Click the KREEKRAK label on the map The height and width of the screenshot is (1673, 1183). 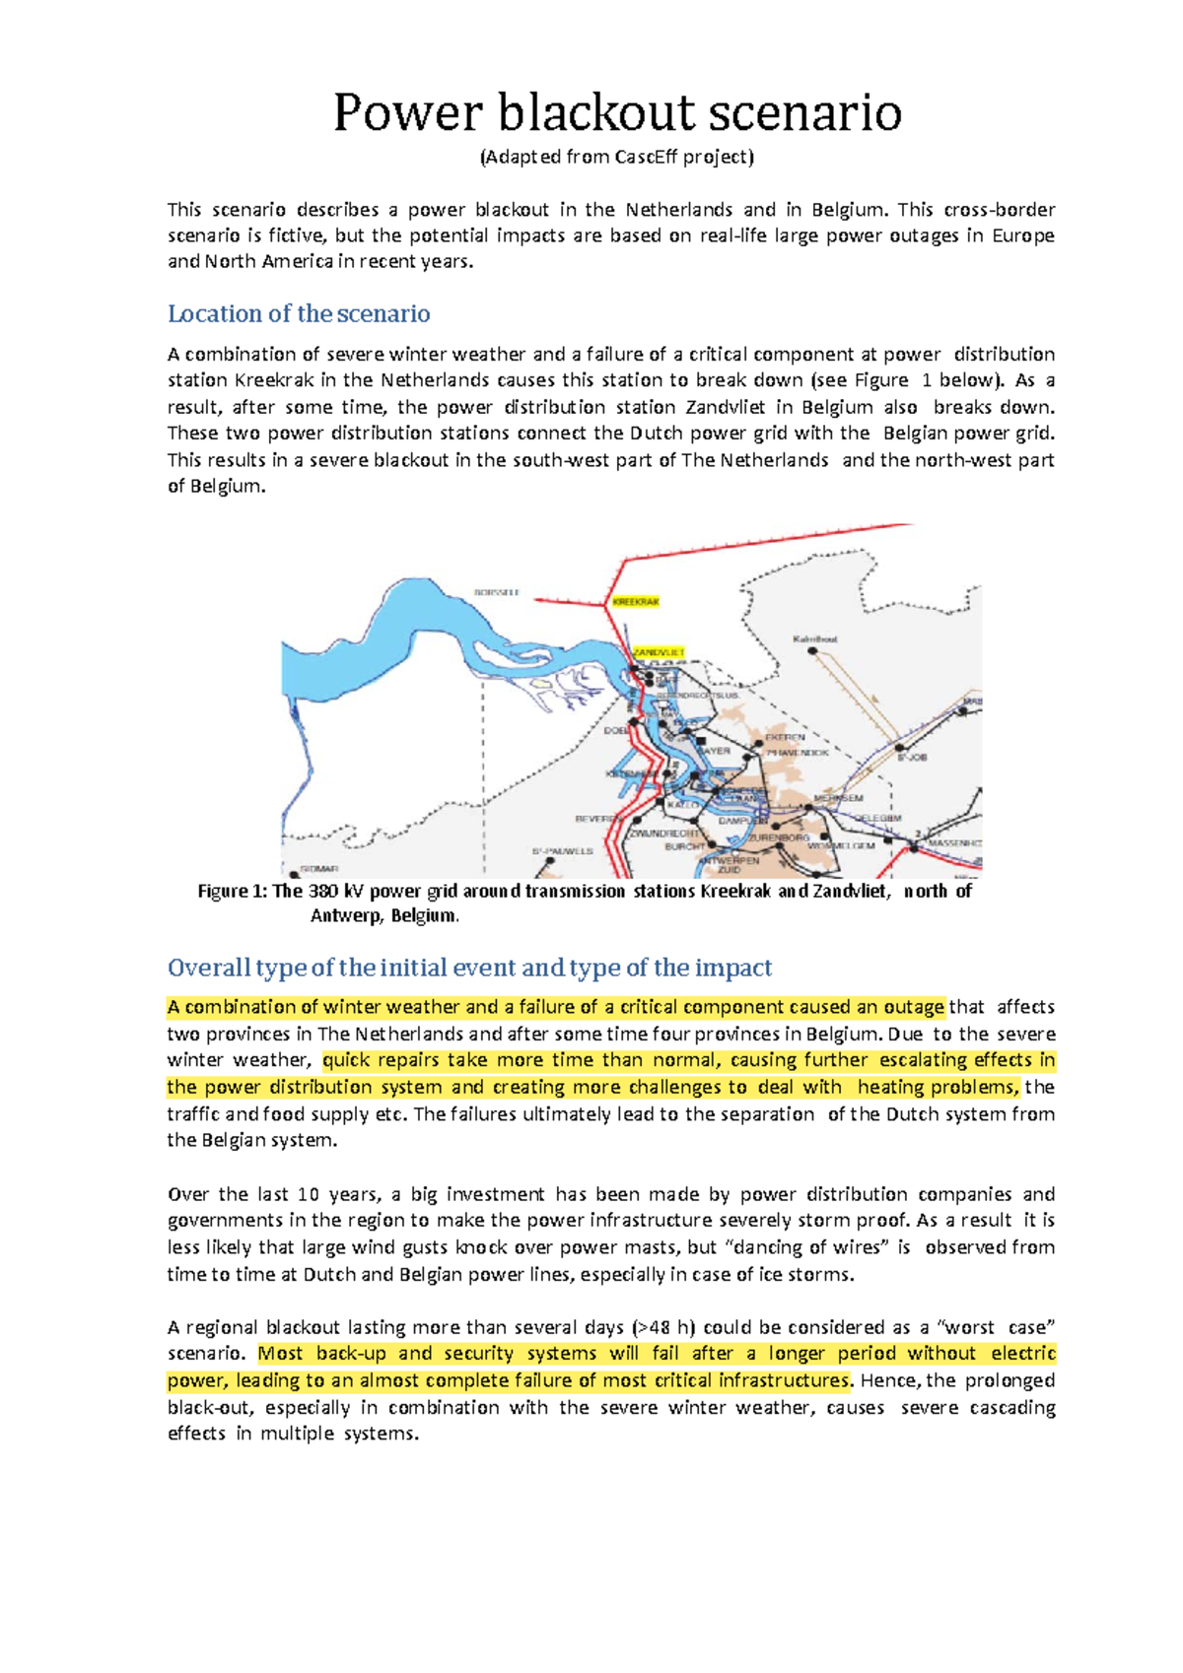(635, 601)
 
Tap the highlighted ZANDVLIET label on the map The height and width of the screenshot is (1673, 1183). (659, 652)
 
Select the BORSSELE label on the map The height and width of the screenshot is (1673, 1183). (496, 593)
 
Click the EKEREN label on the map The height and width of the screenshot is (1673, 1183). (786, 737)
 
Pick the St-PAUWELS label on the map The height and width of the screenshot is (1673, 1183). (563, 850)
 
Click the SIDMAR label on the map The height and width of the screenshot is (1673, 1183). (319, 869)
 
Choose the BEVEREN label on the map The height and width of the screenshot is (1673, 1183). (596, 819)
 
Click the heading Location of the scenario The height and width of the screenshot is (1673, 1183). (299, 313)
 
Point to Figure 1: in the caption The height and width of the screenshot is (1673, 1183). (233, 891)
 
